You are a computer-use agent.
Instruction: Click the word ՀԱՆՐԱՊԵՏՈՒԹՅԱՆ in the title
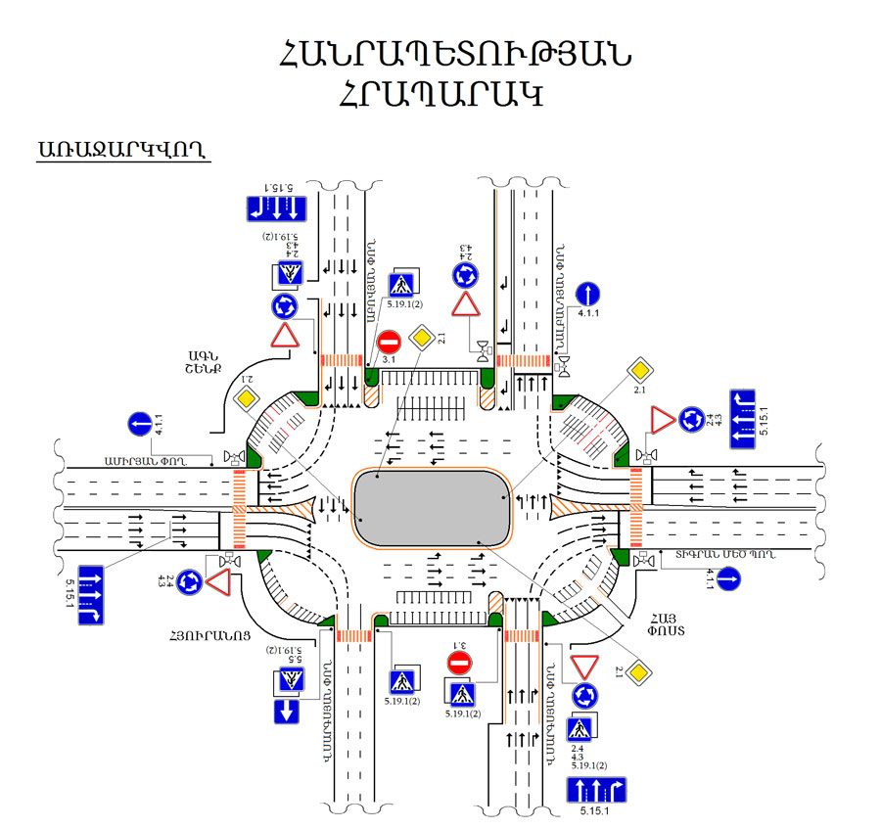point(454,55)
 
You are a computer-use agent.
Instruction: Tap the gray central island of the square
point(433,507)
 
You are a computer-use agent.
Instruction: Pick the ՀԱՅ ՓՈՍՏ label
point(662,625)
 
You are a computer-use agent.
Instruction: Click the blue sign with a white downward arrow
point(286,711)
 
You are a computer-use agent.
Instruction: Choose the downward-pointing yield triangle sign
point(585,667)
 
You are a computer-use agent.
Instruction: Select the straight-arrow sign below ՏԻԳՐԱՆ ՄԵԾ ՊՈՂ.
point(727,579)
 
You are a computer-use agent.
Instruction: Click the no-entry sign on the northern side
point(389,343)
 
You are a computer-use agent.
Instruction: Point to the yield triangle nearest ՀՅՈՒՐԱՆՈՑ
point(217,582)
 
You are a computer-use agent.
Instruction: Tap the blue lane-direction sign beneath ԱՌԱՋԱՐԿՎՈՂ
point(276,208)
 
